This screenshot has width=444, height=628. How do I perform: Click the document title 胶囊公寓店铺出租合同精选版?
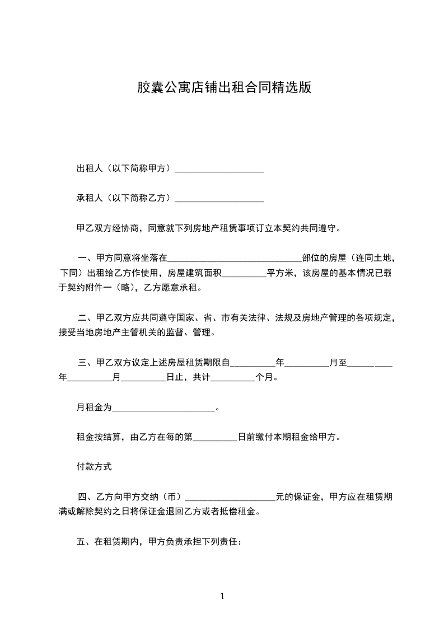coord(224,88)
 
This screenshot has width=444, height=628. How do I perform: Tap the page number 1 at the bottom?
coord(222,596)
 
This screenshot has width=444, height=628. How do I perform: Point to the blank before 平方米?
coord(245,275)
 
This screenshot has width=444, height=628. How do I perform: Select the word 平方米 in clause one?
coord(281,274)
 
